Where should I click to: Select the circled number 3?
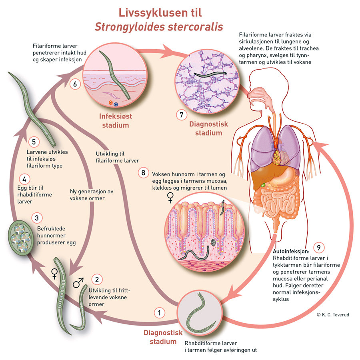point(37,218)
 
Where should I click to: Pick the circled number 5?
point(34,142)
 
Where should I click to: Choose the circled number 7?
point(182,114)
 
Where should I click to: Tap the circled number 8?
point(143,173)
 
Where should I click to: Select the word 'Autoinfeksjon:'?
point(291,252)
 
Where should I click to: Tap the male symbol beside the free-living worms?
point(78,284)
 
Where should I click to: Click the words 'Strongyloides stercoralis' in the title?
point(159,27)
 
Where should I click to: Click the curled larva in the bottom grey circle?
point(199,313)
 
